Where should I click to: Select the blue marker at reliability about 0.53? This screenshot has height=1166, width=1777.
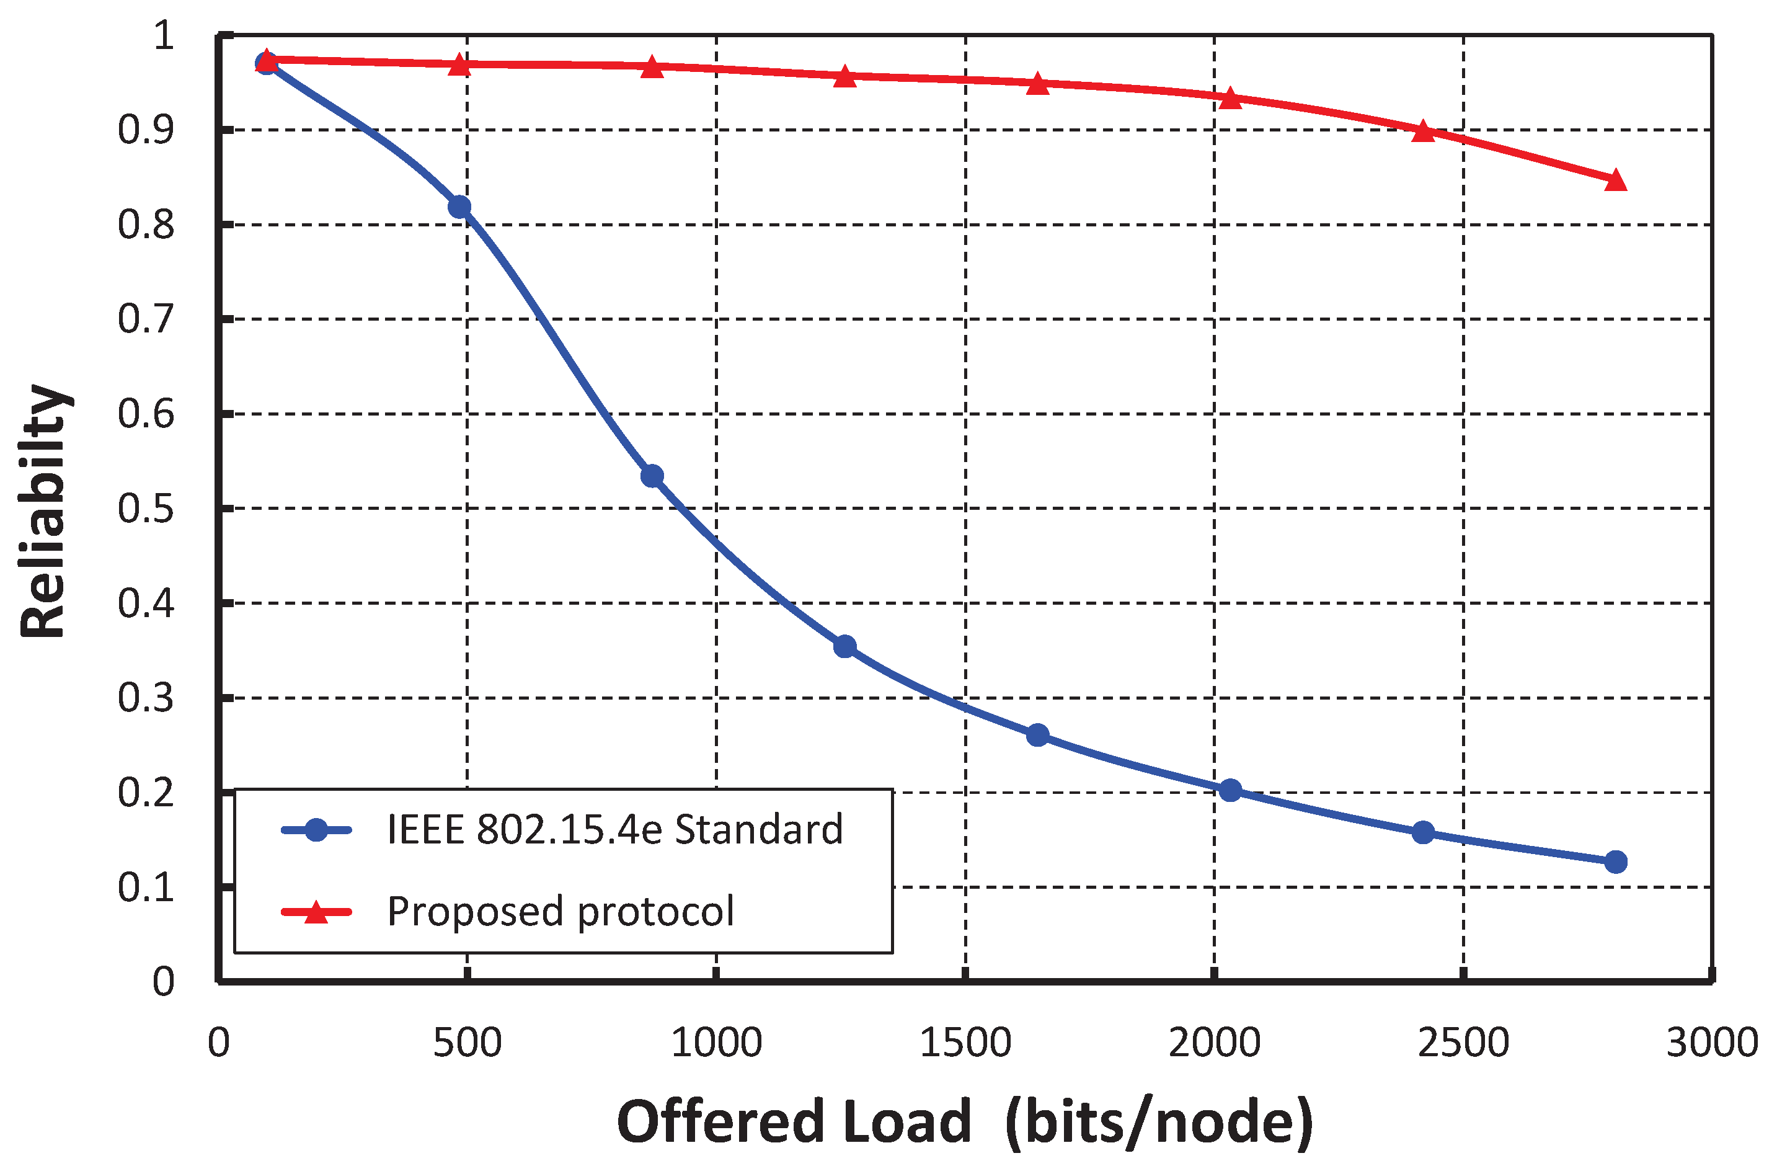coord(652,476)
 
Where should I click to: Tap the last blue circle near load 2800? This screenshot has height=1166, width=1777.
coord(1615,861)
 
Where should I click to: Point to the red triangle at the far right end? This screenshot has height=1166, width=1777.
coord(1615,180)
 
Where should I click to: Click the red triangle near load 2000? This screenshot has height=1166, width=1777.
coord(1230,99)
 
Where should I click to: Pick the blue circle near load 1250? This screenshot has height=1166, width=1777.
coord(844,646)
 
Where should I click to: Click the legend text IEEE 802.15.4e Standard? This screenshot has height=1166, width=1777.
coord(614,829)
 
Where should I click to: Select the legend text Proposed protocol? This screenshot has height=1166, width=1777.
coord(560,911)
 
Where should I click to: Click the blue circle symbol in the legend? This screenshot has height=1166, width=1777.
coord(316,829)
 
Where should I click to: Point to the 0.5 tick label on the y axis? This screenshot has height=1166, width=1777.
coord(146,509)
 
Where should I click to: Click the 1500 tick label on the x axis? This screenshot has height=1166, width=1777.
coord(965,1042)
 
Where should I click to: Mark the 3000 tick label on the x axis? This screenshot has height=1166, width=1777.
coord(1711,1042)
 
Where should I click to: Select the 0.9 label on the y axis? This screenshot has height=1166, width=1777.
coord(146,130)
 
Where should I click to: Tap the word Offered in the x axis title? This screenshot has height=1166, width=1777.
coord(720,1122)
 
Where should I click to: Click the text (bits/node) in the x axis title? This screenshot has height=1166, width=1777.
coord(1159,1122)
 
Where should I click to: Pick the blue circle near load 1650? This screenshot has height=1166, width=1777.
coord(1037,735)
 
